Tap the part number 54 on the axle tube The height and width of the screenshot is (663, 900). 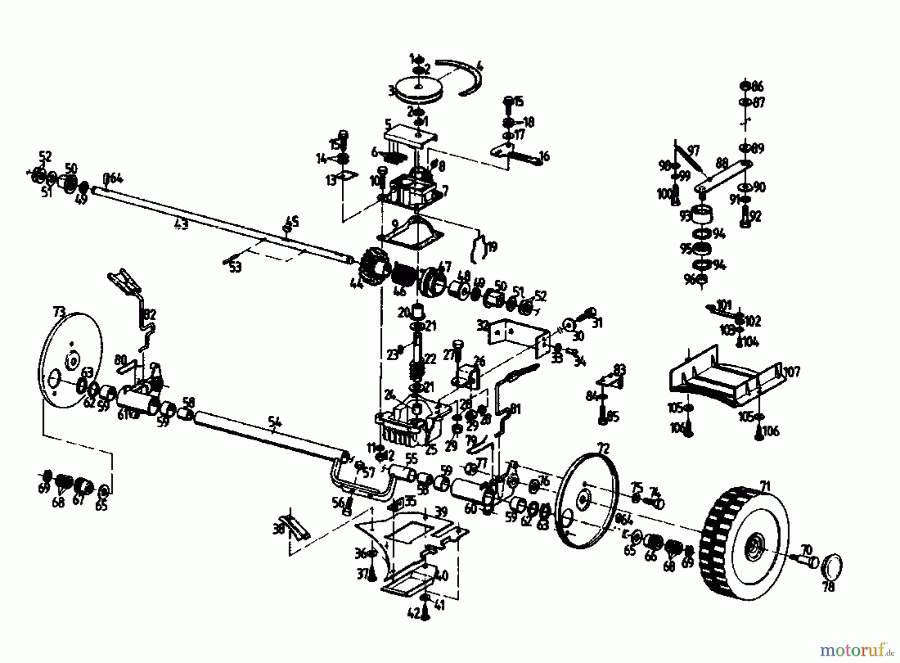tap(274, 423)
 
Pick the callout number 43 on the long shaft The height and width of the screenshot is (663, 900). tap(182, 225)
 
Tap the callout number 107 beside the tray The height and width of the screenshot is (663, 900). tap(792, 371)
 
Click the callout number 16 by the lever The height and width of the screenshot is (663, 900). tap(544, 157)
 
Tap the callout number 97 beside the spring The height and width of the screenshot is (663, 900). tap(693, 150)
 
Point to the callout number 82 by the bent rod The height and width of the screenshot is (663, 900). tap(149, 314)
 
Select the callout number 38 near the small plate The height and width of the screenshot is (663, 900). tap(278, 528)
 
